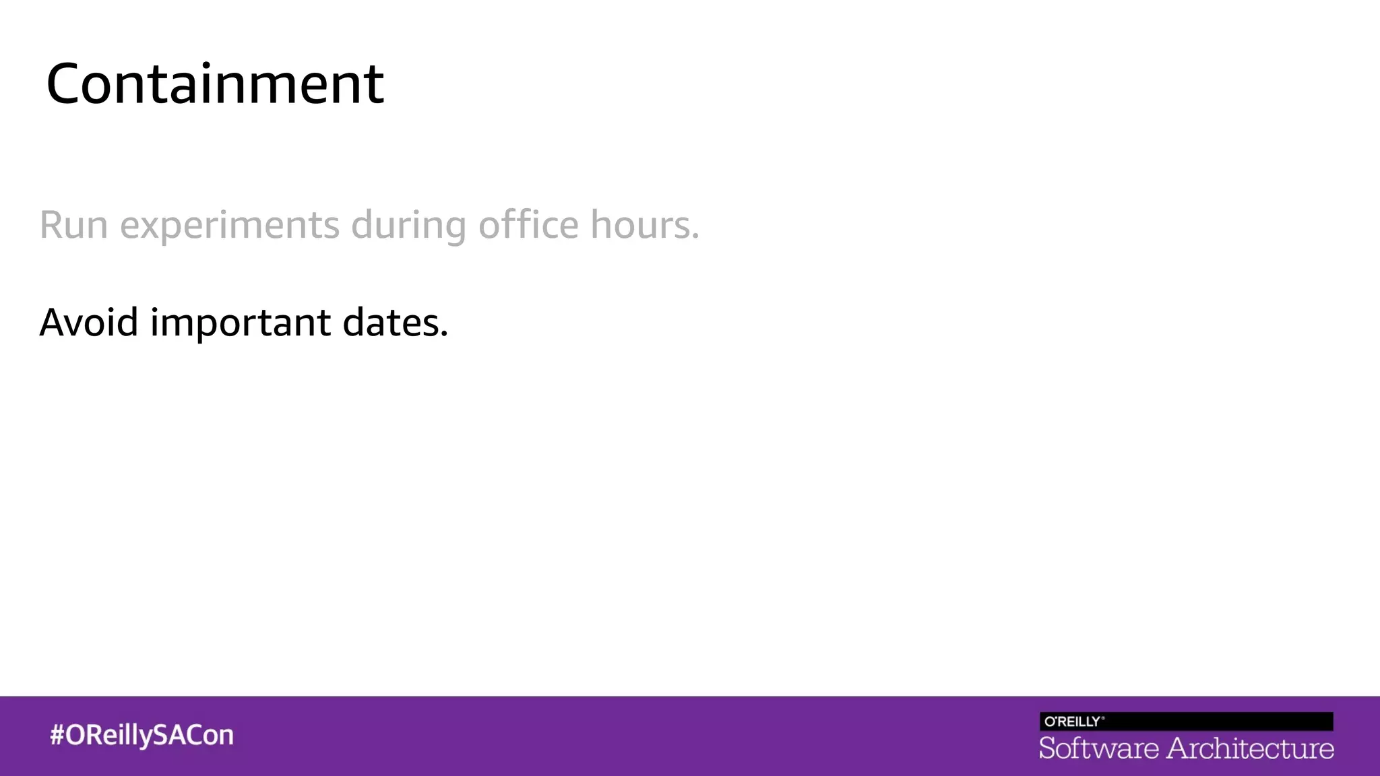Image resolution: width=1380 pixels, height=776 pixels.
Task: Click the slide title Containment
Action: click(x=215, y=84)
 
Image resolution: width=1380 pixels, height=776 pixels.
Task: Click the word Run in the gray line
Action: click(x=73, y=224)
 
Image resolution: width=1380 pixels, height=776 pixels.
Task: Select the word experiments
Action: click(x=230, y=226)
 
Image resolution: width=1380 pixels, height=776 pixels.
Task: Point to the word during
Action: click(x=408, y=226)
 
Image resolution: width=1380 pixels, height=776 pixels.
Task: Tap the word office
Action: click(x=528, y=224)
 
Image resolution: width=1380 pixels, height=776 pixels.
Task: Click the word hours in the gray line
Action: click(x=640, y=224)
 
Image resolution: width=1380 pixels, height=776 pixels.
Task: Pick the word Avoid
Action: click(x=89, y=322)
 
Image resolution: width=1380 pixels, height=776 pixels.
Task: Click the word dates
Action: click(x=391, y=322)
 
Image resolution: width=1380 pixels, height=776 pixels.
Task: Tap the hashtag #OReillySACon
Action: click(x=142, y=735)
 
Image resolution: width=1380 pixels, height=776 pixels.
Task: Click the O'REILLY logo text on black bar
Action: click(x=1073, y=721)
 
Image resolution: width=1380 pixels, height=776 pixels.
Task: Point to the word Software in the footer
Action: click(x=1098, y=748)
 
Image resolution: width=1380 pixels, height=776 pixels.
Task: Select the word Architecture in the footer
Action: click(x=1251, y=748)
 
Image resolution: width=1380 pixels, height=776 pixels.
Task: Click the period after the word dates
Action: click(x=444, y=334)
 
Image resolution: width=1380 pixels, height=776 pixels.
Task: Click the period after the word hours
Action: click(x=695, y=236)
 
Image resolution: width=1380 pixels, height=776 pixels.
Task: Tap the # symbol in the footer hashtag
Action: click(x=57, y=735)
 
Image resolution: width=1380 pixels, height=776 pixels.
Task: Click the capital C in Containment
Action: click(x=67, y=84)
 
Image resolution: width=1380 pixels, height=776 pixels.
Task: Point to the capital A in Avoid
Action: click(x=53, y=322)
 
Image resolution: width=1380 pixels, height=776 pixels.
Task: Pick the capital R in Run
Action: click(x=52, y=224)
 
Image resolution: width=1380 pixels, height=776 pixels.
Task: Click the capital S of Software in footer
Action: click(x=1048, y=748)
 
